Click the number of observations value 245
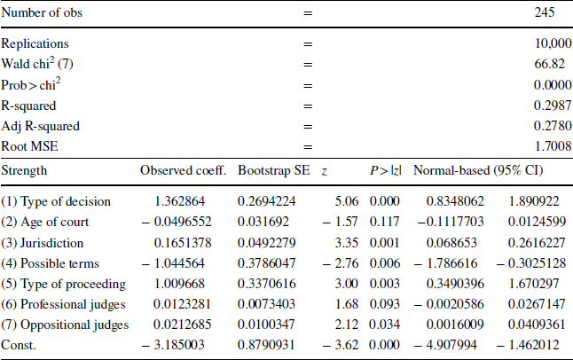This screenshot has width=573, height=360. point(545,13)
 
